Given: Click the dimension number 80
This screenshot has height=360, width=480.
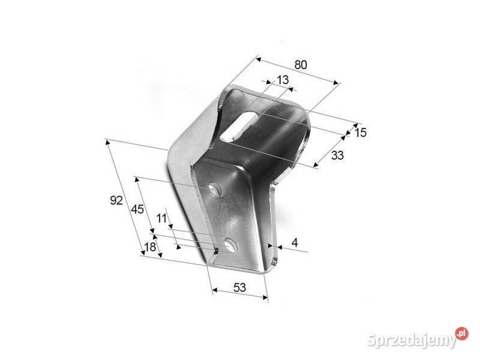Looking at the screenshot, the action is [x=301, y=65].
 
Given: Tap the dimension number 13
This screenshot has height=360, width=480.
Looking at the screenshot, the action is [x=283, y=80].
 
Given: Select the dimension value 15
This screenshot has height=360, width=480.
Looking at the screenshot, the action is [x=361, y=133].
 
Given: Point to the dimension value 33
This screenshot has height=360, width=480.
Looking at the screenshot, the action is [x=337, y=155].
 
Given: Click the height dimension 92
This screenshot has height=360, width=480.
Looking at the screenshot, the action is [x=116, y=200].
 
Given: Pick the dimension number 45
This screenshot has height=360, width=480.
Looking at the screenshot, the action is [x=137, y=209].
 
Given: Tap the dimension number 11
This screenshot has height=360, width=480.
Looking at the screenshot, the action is [x=161, y=218].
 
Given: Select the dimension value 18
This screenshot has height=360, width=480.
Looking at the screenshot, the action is [x=150, y=247].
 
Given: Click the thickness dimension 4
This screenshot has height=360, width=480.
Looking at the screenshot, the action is [x=295, y=242].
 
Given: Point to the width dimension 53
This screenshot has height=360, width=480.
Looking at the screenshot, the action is [x=239, y=287].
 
